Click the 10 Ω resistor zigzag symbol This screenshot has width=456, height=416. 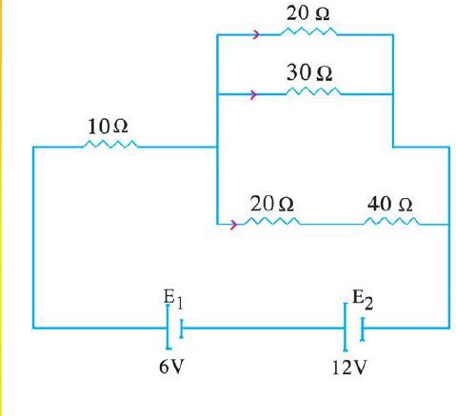pos(110,144)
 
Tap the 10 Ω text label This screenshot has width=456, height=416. pos(108,127)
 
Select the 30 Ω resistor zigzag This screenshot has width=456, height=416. pos(313,91)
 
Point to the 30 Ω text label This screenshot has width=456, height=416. pos(309,72)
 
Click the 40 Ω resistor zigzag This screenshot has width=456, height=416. pos(391,221)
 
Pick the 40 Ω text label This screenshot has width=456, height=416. pos(390,204)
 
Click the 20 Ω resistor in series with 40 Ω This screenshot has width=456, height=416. pos(272,221)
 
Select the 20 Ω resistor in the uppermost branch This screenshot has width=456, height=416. pos(308,31)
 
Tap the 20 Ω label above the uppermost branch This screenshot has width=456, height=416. pos(307,13)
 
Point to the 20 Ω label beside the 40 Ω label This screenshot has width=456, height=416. pos(272,204)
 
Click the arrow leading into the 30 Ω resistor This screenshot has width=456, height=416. pos(254,94)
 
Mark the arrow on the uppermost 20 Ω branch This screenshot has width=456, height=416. pos(256,34)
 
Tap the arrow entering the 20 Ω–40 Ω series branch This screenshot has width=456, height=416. pos(234,225)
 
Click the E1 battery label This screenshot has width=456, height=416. pos(173,299)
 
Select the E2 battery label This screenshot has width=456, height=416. pos(363,300)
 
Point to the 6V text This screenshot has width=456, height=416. pos(171,367)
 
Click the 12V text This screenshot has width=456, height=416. pos(349,368)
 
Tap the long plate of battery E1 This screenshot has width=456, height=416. pos(168,327)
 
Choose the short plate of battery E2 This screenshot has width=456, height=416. pos(363,329)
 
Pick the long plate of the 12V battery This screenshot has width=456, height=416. pos(345,327)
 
